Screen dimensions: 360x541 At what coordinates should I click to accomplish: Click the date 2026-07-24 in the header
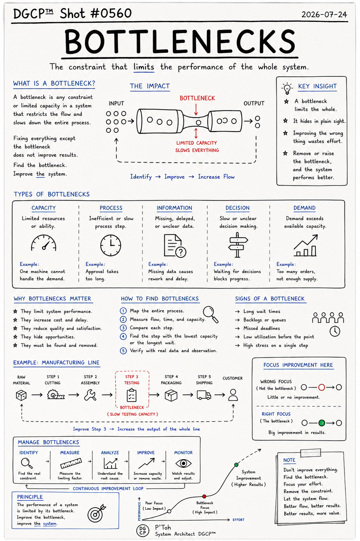324,14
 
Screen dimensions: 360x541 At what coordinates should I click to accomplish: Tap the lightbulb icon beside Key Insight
287,88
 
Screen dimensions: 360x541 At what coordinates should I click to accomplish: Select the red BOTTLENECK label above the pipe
197,98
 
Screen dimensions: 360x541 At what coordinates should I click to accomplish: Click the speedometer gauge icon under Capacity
44,243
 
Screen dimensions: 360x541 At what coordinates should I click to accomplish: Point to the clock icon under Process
110,245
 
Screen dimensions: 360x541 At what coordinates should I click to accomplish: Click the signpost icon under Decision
238,245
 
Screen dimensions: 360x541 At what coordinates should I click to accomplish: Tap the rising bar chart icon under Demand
305,245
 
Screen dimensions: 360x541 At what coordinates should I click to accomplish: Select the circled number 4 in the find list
124,336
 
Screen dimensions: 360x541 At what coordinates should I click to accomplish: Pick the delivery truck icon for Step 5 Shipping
204,395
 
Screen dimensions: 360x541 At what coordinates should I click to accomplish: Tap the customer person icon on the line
233,395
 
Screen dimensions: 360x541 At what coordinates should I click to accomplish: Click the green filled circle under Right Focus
322,423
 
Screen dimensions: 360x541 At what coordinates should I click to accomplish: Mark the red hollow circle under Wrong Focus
321,388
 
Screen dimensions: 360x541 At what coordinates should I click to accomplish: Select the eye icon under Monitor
183,464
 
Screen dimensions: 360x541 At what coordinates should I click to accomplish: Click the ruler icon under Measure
71,463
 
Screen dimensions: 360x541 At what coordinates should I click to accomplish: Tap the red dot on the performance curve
204,496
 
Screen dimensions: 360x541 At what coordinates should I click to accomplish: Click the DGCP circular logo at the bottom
143,530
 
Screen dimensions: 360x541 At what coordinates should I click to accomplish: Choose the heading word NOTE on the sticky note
289,460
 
